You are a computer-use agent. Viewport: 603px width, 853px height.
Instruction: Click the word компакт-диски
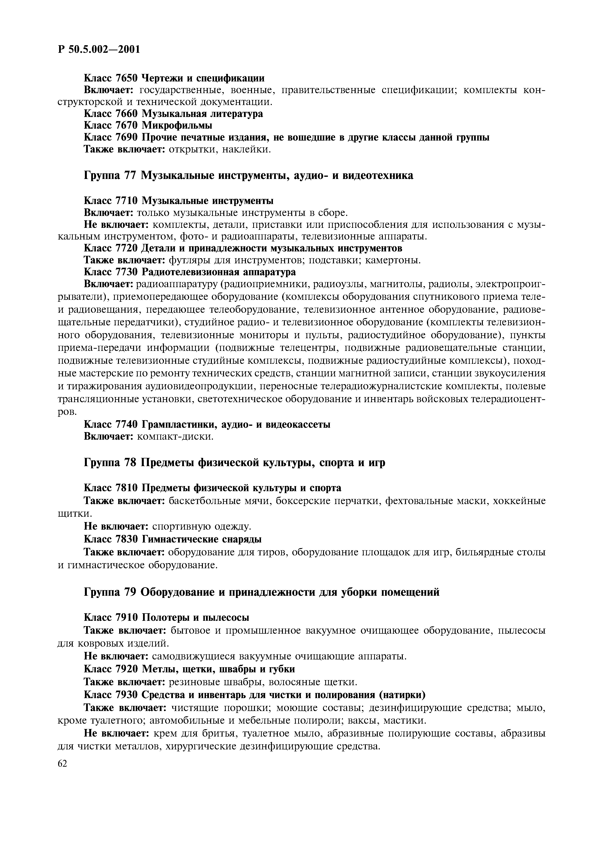click(175, 436)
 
